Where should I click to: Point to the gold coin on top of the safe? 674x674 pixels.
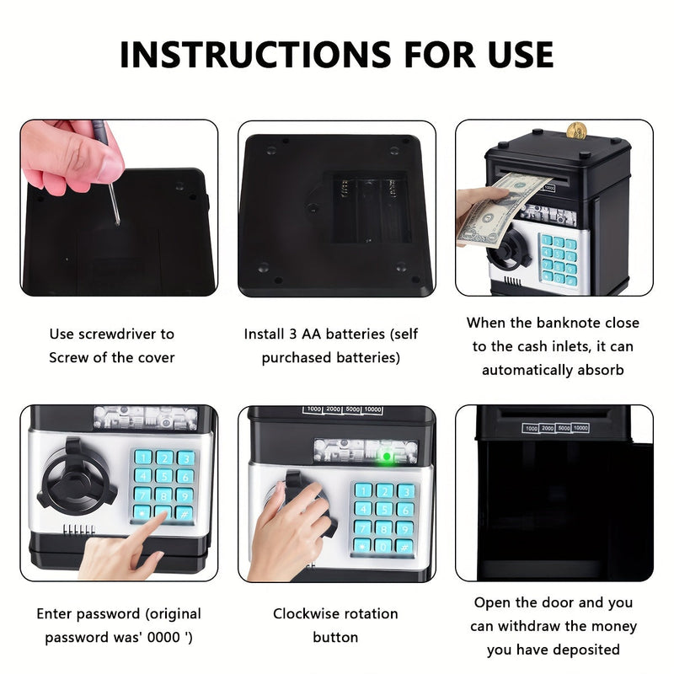click(x=576, y=131)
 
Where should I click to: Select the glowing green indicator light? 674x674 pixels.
click(x=385, y=457)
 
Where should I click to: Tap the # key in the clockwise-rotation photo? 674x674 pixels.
click(x=404, y=545)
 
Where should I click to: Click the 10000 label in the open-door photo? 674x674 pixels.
click(x=579, y=428)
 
